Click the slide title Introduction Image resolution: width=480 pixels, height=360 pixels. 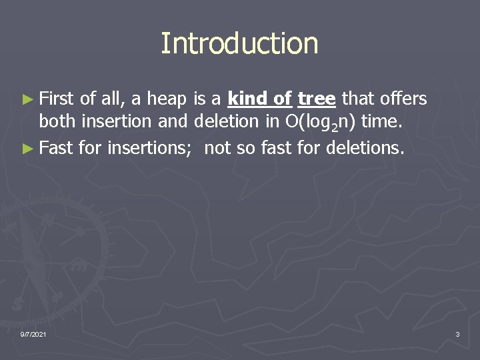239,44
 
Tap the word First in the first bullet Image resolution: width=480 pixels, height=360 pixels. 57,99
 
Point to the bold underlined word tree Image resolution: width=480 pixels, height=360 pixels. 316,99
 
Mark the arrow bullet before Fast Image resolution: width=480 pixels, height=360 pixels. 27,148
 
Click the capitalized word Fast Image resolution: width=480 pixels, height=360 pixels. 56,147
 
